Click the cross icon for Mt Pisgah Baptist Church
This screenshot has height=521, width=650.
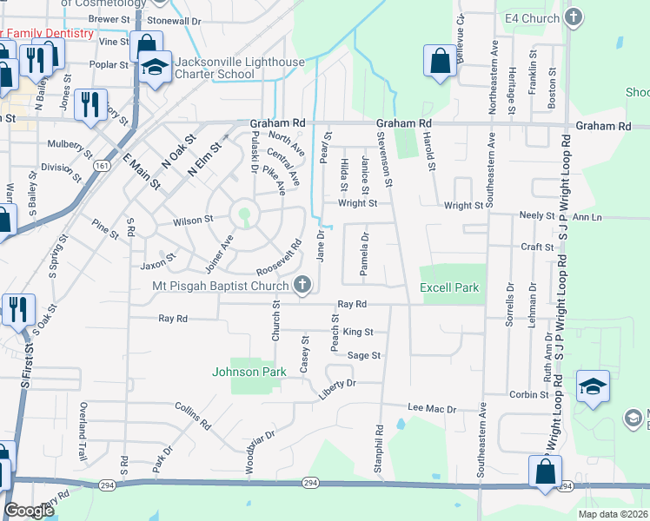(302, 284)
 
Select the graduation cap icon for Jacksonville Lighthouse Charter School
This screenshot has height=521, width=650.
(154, 67)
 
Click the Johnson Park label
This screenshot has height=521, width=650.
(249, 373)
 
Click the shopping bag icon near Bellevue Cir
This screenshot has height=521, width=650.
(440, 61)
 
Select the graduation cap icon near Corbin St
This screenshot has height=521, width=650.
(593, 386)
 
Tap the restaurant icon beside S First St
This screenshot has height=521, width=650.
(17, 309)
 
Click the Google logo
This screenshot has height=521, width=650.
(29, 511)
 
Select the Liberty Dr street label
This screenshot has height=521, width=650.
(337, 384)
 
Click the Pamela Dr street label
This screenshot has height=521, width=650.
(364, 251)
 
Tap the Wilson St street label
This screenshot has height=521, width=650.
(192, 221)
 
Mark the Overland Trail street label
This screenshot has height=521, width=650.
(83, 424)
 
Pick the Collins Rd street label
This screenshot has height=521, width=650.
(192, 416)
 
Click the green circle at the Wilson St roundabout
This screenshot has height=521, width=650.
(244, 214)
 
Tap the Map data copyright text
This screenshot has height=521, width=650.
(613, 514)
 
